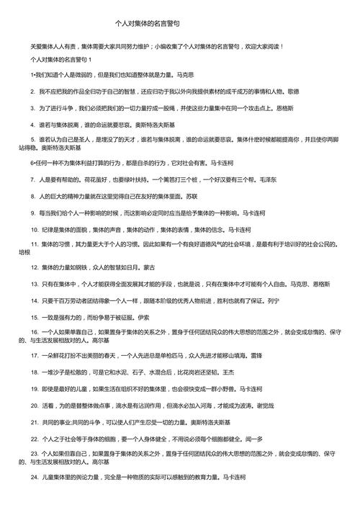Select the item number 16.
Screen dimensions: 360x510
coord(35,336)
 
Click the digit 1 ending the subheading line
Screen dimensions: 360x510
coord(89,58)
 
